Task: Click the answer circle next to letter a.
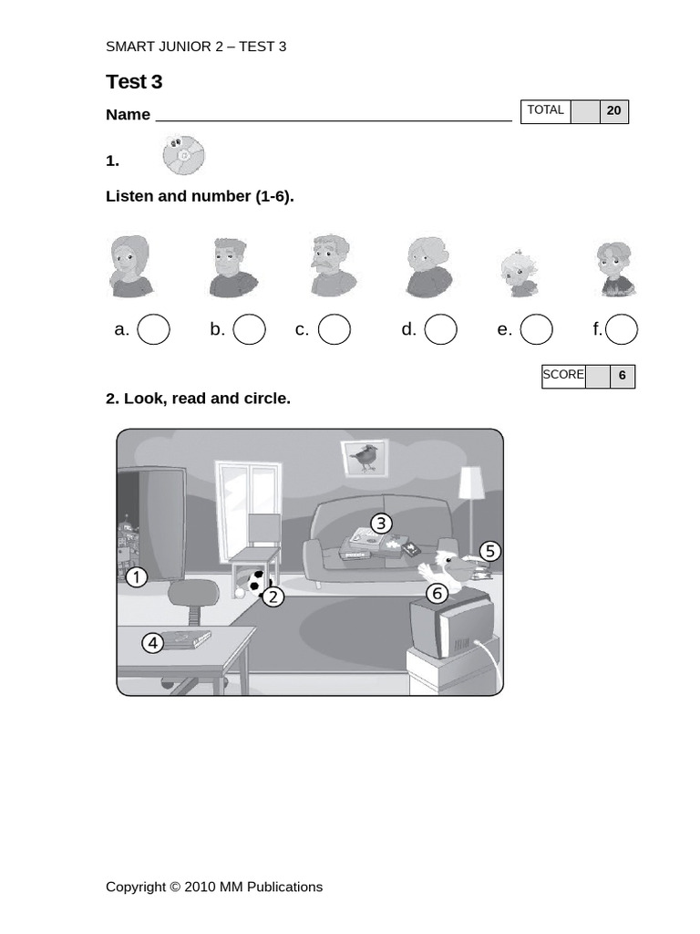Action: point(153,329)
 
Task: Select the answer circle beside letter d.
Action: point(440,329)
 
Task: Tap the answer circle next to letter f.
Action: point(622,329)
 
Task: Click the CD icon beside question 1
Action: point(183,154)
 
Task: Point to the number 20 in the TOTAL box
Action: point(613,111)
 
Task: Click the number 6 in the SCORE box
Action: point(623,376)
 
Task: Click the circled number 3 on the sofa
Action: point(381,524)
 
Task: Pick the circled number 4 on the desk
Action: point(153,643)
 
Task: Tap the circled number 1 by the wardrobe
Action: point(136,577)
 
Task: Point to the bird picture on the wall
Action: point(365,457)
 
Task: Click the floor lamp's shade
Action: point(471,483)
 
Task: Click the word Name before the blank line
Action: point(128,115)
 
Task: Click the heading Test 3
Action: point(134,82)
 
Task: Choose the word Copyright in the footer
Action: point(136,887)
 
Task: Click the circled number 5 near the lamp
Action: point(490,551)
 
